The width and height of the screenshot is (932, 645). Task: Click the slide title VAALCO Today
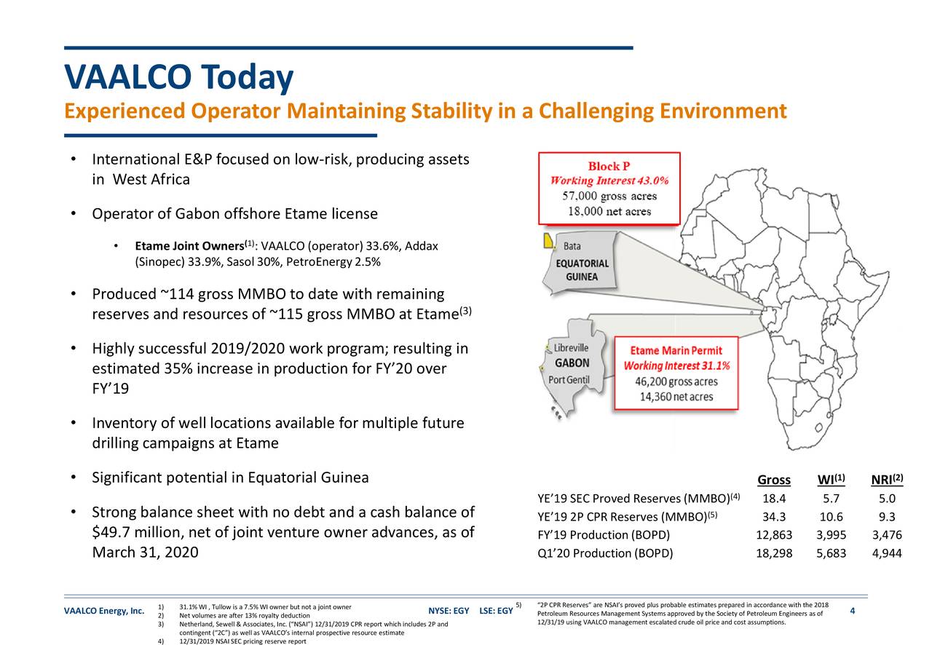tap(178, 77)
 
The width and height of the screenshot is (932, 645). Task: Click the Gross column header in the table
tap(773, 480)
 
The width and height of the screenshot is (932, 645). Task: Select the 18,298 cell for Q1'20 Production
tap(773, 553)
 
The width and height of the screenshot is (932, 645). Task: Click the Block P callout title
tap(609, 166)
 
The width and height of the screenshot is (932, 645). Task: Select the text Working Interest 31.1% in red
tap(676, 365)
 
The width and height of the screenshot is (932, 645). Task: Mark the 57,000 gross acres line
tap(609, 196)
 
